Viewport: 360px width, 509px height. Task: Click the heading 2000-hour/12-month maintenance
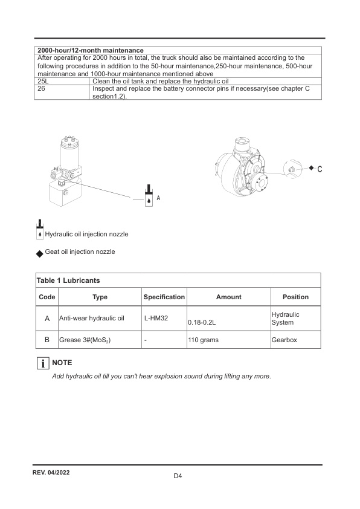(x=91, y=50)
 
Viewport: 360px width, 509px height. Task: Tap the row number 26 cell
(x=42, y=88)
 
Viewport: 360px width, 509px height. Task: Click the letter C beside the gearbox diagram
(x=320, y=169)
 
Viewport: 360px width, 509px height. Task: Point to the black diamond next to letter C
(x=311, y=168)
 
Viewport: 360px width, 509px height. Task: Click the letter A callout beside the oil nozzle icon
(x=158, y=198)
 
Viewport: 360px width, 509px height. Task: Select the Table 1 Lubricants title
(x=68, y=280)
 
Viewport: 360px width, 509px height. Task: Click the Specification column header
(x=164, y=297)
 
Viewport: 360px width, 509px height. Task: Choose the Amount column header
(x=228, y=297)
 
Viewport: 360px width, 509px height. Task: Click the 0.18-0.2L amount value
(x=202, y=323)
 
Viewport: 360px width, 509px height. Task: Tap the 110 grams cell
(x=204, y=340)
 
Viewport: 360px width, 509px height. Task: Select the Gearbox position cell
(x=284, y=340)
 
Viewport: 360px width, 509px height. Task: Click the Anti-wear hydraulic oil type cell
(x=91, y=317)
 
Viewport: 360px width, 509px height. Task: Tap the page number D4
(x=178, y=476)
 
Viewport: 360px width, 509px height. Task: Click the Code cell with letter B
(x=47, y=340)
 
